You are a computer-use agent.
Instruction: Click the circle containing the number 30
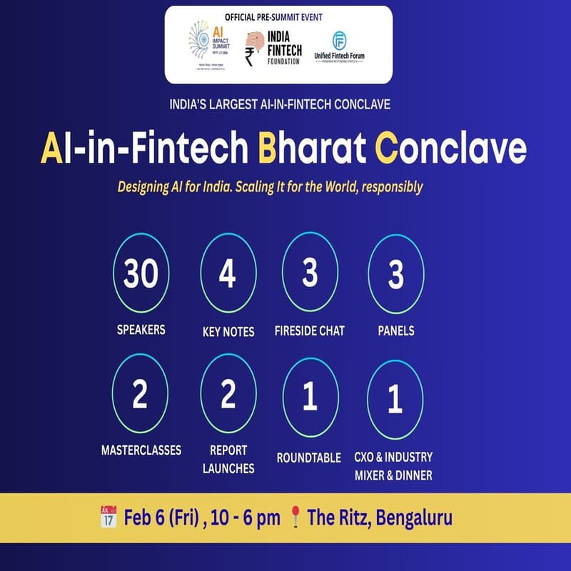140,274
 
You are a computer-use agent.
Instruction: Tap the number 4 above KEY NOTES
227,274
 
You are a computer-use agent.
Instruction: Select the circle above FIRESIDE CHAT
309,274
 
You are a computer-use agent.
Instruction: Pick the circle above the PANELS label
395,274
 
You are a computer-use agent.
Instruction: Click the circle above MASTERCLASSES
140,395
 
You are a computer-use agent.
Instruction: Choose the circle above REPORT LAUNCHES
227,395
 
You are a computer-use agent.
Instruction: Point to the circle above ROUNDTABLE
309,395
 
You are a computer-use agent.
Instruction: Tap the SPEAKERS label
141,330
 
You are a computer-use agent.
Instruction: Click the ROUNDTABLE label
308,458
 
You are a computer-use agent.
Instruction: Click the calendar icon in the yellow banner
108,516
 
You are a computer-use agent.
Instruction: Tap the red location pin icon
295,517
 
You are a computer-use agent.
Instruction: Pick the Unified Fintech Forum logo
350,47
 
